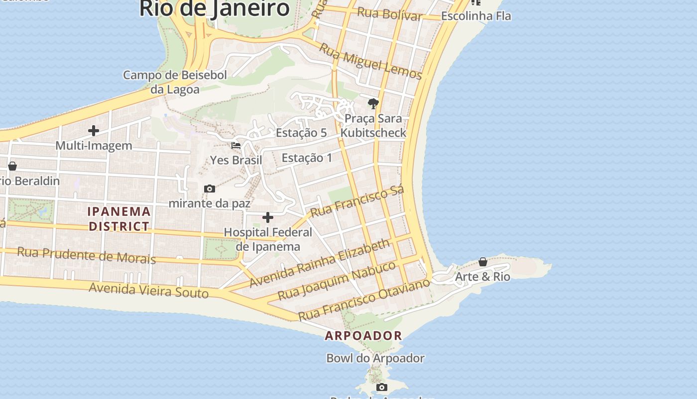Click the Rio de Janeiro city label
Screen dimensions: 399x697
[214, 8]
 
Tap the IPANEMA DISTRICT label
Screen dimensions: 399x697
[119, 219]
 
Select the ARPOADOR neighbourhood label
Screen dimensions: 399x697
[363, 336]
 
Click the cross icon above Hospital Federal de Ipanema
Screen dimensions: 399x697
[268, 217]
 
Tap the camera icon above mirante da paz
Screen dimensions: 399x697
[210, 189]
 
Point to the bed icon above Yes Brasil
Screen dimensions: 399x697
[236, 146]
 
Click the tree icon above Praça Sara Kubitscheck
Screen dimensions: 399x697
[373, 104]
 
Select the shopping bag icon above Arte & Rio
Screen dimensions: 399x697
[482, 262]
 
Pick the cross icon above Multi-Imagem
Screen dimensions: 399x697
[93, 131]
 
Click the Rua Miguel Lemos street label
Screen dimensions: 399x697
[370, 62]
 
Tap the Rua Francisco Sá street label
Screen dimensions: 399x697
[356, 201]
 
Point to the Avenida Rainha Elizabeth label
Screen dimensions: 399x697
[320, 263]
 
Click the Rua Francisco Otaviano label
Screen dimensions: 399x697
[364, 299]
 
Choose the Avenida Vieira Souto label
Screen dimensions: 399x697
[148, 290]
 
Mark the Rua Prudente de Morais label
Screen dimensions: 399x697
[87, 255]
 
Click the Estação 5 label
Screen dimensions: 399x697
[301, 133]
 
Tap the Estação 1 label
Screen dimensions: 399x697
[307, 158]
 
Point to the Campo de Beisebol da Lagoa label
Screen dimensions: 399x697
[175, 82]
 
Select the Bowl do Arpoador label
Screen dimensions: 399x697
[375, 358]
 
